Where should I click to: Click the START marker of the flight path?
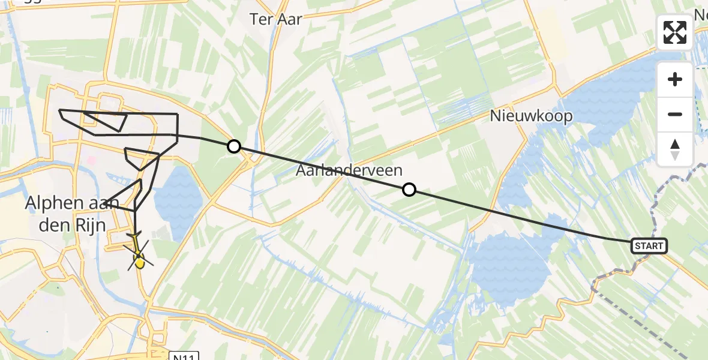(x=649, y=245)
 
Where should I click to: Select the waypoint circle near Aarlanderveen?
(x=409, y=190)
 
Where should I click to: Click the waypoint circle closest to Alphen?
(x=233, y=146)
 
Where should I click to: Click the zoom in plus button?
(x=675, y=79)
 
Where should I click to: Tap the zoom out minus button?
(x=675, y=114)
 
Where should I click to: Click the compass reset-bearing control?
(x=675, y=149)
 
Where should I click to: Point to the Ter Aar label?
(x=276, y=19)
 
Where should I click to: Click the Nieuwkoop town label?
(x=531, y=116)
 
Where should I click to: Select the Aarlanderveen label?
(x=349, y=171)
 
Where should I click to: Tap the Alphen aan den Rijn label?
(x=66, y=214)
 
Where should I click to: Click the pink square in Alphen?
(x=92, y=161)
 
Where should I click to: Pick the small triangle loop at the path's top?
(x=108, y=120)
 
